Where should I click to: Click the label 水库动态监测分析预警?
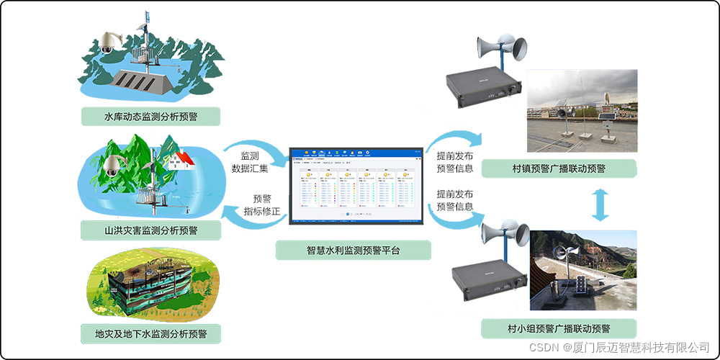[x=150, y=116]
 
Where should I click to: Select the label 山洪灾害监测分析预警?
[x=150, y=230]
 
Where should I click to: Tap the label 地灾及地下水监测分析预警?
[x=150, y=334]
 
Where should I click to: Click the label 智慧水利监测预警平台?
[x=353, y=251]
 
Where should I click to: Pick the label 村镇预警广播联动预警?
[x=559, y=169]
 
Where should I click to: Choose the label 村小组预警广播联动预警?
[x=559, y=329]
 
